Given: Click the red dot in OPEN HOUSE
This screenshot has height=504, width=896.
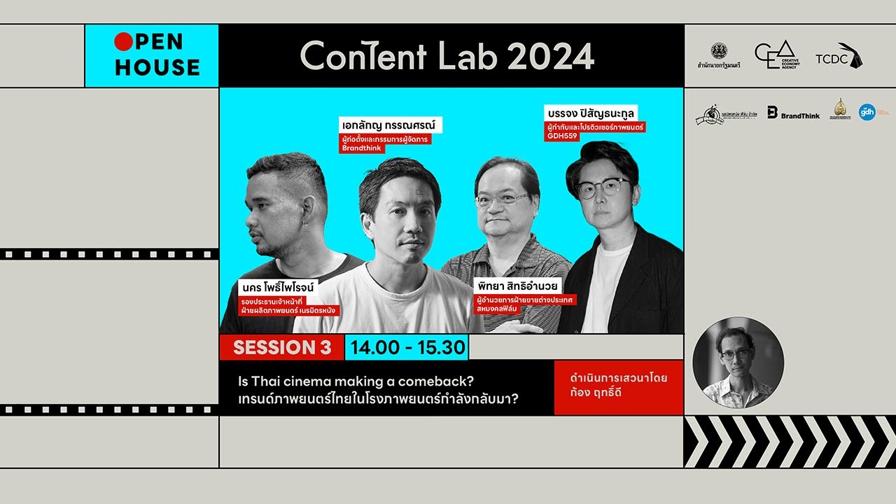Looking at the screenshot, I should pyautogui.click(x=123, y=43).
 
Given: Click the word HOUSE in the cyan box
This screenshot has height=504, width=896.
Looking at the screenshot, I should pyautogui.click(x=157, y=67).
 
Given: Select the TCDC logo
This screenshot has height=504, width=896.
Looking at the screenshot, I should pyautogui.click(x=839, y=56).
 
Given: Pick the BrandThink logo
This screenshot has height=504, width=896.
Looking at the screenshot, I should pyautogui.click(x=792, y=112).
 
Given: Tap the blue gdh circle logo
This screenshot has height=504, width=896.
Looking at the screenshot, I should pyautogui.click(x=867, y=112).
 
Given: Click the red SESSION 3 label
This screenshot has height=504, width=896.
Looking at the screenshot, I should pyautogui.click(x=281, y=347).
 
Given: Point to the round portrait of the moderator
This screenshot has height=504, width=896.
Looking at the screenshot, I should pyautogui.click(x=738, y=362).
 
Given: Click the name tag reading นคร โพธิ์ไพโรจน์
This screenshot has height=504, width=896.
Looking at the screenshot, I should pyautogui.click(x=278, y=287).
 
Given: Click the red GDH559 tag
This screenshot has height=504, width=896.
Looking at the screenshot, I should pyautogui.click(x=561, y=136).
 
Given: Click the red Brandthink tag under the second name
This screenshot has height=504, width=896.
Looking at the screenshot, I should pyautogui.click(x=362, y=148).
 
